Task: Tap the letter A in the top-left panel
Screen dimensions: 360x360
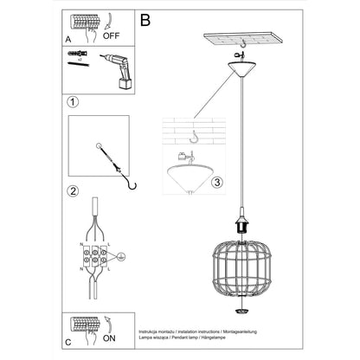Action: pyautogui.click(x=68, y=39)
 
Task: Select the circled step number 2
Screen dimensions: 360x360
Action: pyautogui.click(x=74, y=191)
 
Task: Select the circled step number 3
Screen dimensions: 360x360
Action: pyautogui.click(x=217, y=183)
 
